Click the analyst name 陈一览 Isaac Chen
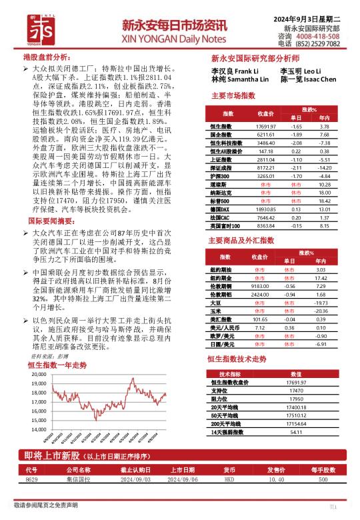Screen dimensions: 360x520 click(x=308, y=79)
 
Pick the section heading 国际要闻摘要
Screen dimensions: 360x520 click(x=51, y=221)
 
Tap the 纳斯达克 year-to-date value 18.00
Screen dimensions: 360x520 click(x=325, y=192)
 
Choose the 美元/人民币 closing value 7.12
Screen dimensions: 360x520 click(x=260, y=327)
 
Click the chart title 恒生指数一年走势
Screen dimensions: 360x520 click(x=57, y=365)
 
